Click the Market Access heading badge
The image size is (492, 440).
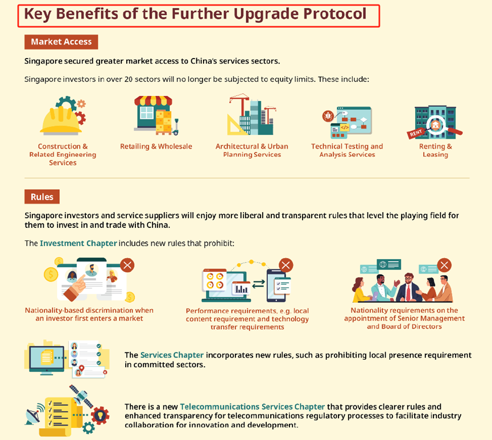pos(61,41)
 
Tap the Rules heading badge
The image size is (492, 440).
pos(42,197)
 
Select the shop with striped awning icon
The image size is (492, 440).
pos(153,115)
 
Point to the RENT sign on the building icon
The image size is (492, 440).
pos(416,133)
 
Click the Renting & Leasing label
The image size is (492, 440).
pos(436,150)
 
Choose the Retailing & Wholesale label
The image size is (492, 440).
pos(156,146)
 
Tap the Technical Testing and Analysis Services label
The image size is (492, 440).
pos(347,150)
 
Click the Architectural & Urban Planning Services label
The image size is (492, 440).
pos(251,150)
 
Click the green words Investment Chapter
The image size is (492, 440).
pos(78,243)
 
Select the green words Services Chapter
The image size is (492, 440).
pos(172,355)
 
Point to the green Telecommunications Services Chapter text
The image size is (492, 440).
pos(253,407)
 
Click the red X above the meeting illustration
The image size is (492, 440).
pos(444,265)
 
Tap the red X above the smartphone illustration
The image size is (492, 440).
pos(286,265)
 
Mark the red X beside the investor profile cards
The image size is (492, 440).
pos(127,265)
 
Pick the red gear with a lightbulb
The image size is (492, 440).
pos(100,416)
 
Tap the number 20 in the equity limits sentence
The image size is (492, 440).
pos(129,80)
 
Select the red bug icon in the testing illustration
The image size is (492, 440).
pos(328,116)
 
